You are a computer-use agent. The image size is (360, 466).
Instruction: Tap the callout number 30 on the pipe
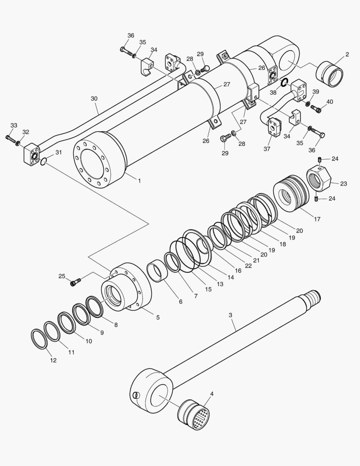pyautogui.click(x=94, y=98)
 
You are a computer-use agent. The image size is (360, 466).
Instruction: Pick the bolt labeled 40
pyautogui.click(x=317, y=110)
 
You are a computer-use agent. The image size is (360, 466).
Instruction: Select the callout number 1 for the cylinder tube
pyautogui.click(x=139, y=181)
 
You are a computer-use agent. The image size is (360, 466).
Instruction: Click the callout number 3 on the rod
pyautogui.click(x=230, y=315)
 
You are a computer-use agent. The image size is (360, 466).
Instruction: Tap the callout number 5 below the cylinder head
pyautogui.click(x=158, y=317)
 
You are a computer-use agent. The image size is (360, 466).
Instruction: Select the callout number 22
pyautogui.click(x=248, y=266)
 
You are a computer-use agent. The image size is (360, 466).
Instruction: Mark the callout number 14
pyautogui.click(x=231, y=277)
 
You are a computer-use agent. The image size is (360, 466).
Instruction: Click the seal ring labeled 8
pyautogui.click(x=94, y=306)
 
